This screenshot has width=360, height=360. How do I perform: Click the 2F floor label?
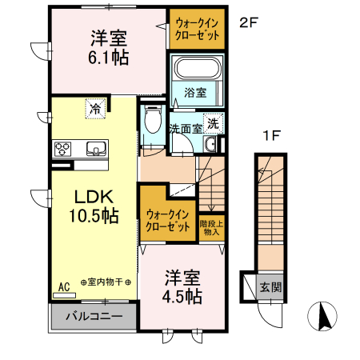[x=248, y=23]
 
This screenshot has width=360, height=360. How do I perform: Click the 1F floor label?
[x=272, y=135]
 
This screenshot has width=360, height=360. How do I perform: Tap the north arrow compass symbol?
[x=325, y=317]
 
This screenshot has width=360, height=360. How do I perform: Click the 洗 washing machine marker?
[x=213, y=123]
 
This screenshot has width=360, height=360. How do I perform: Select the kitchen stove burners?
[x=65, y=148]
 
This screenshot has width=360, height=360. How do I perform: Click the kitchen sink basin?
[x=95, y=148]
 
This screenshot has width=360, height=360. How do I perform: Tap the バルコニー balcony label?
[x=94, y=316]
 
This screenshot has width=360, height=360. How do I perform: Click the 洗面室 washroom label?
[x=185, y=127]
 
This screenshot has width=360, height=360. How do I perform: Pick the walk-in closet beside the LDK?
[x=167, y=219]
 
